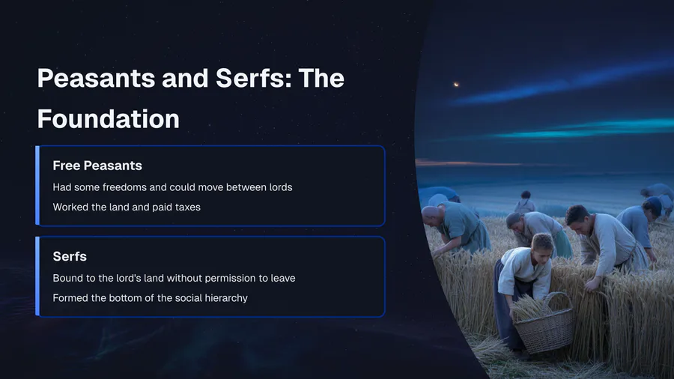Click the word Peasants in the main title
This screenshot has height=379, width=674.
(96, 78)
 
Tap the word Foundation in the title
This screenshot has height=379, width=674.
(109, 119)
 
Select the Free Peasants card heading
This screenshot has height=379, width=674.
(97, 166)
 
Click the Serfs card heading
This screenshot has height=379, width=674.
(70, 256)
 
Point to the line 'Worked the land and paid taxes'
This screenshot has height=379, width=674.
(127, 207)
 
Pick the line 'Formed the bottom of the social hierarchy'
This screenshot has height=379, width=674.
(150, 298)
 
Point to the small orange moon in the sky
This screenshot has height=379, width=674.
(457, 84)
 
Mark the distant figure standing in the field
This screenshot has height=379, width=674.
(525, 202)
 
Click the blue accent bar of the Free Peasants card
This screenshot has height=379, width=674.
(37, 186)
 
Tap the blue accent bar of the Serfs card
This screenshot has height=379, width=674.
(37, 276)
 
